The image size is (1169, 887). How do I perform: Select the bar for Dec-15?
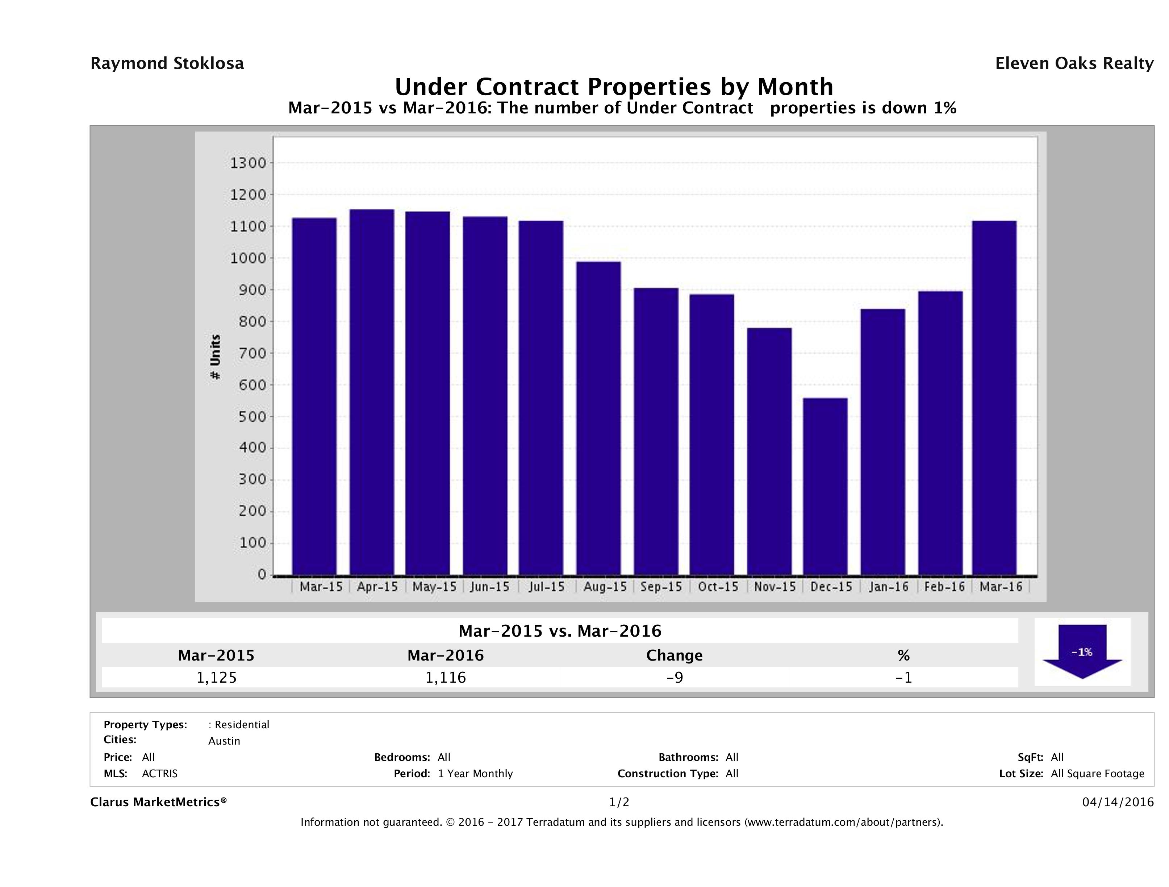click(x=825, y=486)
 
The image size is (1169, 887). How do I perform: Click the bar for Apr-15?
click(x=372, y=392)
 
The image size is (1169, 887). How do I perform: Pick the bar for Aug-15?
click(x=598, y=418)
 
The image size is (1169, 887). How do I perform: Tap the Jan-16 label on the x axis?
click(x=888, y=587)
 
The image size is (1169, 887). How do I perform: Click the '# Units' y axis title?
click(x=215, y=357)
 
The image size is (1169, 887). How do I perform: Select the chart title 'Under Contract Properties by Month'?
click(x=614, y=86)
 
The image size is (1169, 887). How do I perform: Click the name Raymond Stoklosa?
click(x=167, y=63)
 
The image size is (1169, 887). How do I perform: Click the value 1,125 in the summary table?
click(x=217, y=677)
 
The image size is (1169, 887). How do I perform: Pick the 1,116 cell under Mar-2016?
click(x=446, y=677)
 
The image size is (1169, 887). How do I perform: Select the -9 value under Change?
click(x=675, y=677)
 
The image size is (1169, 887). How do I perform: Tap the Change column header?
click(x=675, y=655)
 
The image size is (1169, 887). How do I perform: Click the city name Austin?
click(x=224, y=741)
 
